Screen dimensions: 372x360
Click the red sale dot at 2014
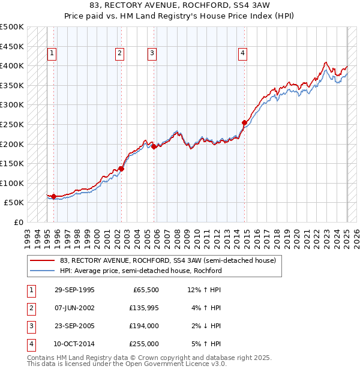(244, 123)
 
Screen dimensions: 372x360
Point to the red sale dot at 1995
(53, 196)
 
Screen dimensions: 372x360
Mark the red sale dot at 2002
(121, 169)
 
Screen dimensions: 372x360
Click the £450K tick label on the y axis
(12, 46)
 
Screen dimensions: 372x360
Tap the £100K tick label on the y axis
(12, 183)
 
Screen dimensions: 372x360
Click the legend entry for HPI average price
(141, 271)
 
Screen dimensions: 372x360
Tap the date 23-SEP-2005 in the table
(74, 326)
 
